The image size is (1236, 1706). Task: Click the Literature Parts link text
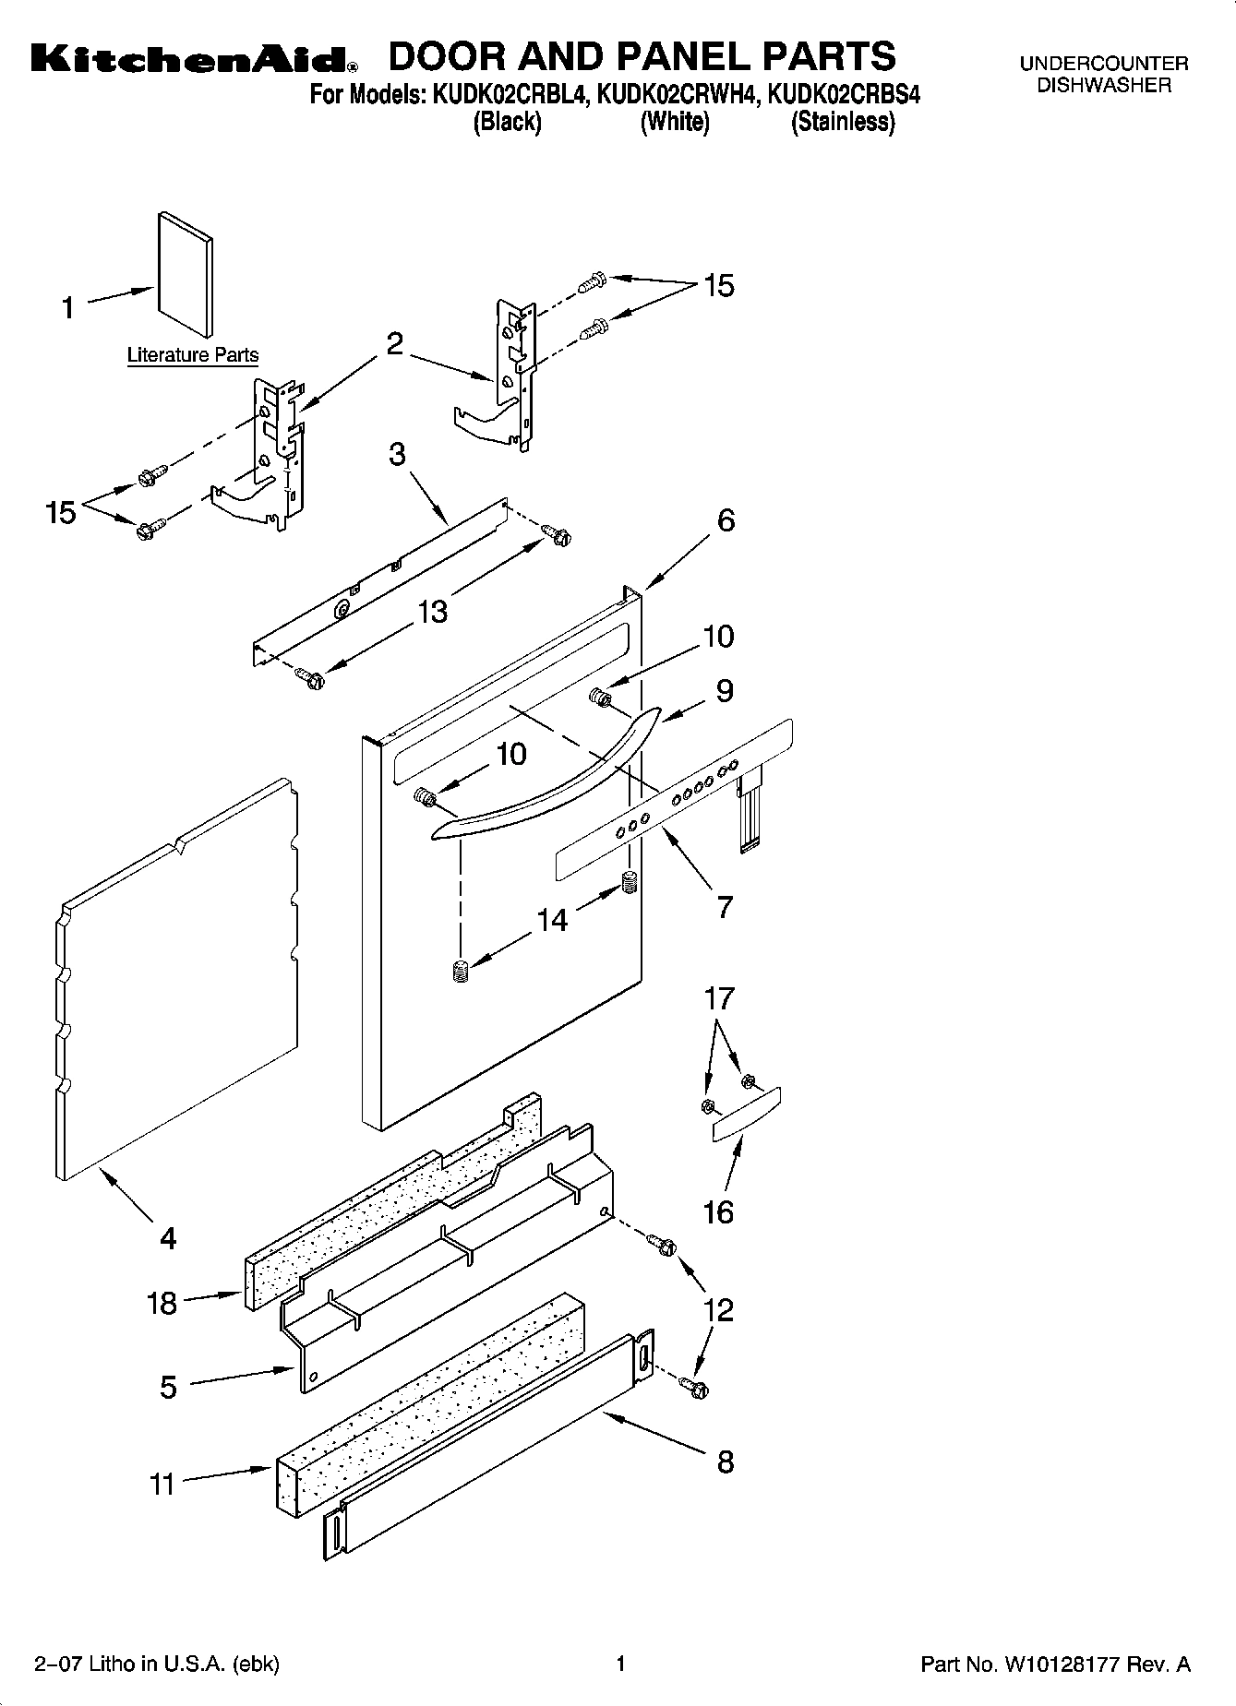pos(192,354)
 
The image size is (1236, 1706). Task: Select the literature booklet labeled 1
pos(186,274)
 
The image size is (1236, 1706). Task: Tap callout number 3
pos(397,455)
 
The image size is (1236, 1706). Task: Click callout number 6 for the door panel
pos(726,520)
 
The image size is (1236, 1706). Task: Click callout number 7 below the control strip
pos(725,906)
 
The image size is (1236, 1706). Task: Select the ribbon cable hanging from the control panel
pos(749,812)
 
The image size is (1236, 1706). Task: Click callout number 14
pos(552,919)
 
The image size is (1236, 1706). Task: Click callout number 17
pos(719,997)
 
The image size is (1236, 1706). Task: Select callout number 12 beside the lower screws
pos(718,1309)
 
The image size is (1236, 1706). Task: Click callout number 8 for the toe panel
pos(725,1461)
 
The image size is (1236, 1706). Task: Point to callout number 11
pos(162,1484)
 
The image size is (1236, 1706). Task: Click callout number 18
pos(162,1303)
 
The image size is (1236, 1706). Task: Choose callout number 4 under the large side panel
pos(167,1237)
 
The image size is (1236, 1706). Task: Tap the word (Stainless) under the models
pos(842,122)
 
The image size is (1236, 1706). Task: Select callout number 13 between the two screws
pos(433,611)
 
